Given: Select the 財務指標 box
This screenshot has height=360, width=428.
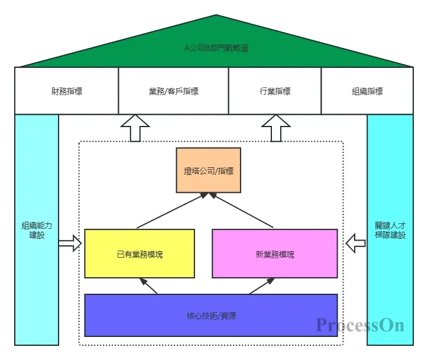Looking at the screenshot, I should point(66,91).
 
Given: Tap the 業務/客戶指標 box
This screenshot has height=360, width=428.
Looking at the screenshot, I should point(173,91).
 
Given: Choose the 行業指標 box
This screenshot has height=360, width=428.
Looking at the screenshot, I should point(274,91).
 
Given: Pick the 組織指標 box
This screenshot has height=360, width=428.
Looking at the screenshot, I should point(367,91).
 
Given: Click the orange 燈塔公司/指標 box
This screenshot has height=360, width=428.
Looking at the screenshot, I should point(209,171).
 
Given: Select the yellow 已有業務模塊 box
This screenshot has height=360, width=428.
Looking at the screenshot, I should point(140,254).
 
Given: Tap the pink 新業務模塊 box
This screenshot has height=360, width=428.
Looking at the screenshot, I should point(274,254).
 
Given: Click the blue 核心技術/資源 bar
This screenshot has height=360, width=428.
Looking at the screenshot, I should point(211,316).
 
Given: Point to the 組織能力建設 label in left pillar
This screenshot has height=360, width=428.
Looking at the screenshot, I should point(37,230).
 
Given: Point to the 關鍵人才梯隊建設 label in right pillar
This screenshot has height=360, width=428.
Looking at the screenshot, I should point(390,230).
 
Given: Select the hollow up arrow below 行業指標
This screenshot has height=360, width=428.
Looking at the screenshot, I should point(275,128).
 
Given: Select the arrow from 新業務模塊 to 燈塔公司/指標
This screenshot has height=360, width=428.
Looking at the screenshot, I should point(244,210).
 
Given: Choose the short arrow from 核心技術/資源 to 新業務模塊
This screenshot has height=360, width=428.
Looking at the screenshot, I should point(260,286).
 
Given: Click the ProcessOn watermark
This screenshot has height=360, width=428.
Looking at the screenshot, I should point(359,325).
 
